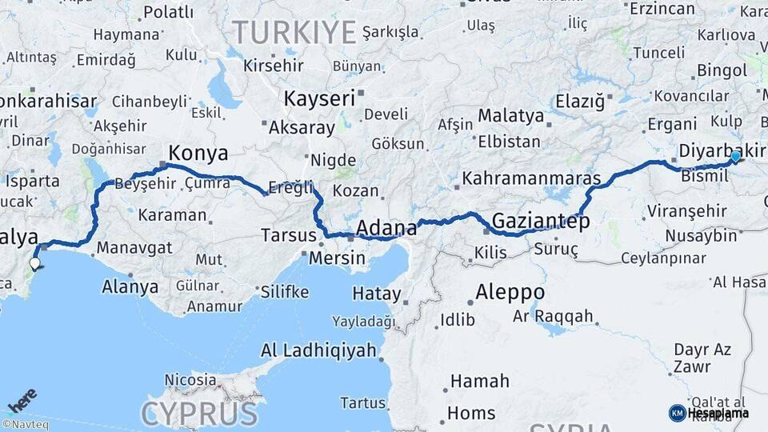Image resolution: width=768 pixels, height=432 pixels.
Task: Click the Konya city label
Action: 198,153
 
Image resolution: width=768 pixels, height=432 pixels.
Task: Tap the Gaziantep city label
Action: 541,220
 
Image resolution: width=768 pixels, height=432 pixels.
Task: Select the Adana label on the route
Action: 386,228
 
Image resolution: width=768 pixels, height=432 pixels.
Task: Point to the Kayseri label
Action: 319,98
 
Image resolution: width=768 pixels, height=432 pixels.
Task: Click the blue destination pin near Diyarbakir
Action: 735,157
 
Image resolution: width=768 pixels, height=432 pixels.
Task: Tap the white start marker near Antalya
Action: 34,262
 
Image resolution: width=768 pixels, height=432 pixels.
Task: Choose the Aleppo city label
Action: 510,292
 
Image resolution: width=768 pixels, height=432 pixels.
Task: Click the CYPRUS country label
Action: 199,414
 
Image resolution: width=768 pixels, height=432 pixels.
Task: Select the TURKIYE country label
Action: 294,33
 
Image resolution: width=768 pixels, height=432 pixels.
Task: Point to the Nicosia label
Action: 190,379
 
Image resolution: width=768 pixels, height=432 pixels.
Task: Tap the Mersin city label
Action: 337,258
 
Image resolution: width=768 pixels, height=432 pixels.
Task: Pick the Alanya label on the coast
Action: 130,286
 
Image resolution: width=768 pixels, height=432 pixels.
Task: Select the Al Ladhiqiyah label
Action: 318,350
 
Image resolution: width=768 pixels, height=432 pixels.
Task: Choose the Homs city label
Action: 471,413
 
